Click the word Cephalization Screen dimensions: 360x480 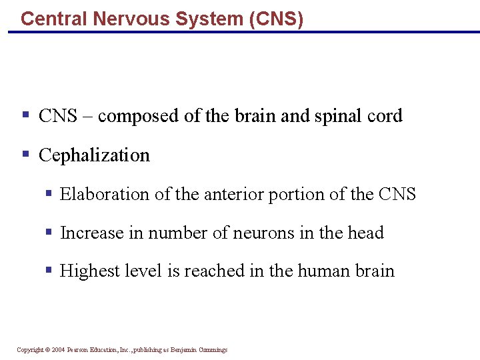click(x=94, y=155)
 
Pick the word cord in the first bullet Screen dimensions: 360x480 click(x=385, y=116)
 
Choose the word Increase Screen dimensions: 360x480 click(x=90, y=233)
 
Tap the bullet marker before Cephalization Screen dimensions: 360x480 click(x=25, y=155)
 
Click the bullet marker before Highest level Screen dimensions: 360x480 click(x=48, y=270)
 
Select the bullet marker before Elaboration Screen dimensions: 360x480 click(x=48, y=193)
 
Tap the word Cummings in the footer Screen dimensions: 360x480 click(x=213, y=350)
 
